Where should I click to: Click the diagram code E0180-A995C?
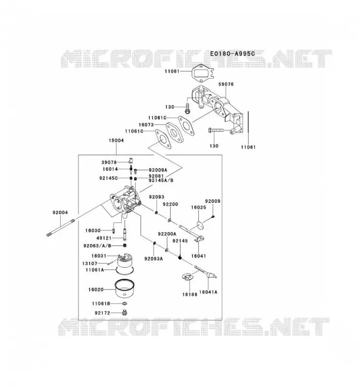tap(232, 53)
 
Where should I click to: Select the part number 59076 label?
tap(226, 84)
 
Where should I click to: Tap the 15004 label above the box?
tap(116, 140)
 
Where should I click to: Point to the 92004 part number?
tap(60, 212)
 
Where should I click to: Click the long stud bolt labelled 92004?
tap(61, 227)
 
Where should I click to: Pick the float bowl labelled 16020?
tap(125, 289)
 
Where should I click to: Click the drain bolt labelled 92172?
tap(125, 313)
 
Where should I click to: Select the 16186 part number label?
tap(190, 294)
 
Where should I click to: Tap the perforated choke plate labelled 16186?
tap(187, 276)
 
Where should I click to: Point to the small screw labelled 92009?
tap(213, 217)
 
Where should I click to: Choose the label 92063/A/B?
tap(98, 246)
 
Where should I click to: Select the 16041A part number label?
tap(208, 292)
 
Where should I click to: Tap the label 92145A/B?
tap(161, 180)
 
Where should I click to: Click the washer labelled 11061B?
tap(125, 304)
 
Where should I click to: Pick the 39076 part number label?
tap(109, 162)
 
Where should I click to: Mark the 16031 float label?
tap(98, 256)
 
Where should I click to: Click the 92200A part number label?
tap(167, 234)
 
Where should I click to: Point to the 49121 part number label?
tap(104, 238)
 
